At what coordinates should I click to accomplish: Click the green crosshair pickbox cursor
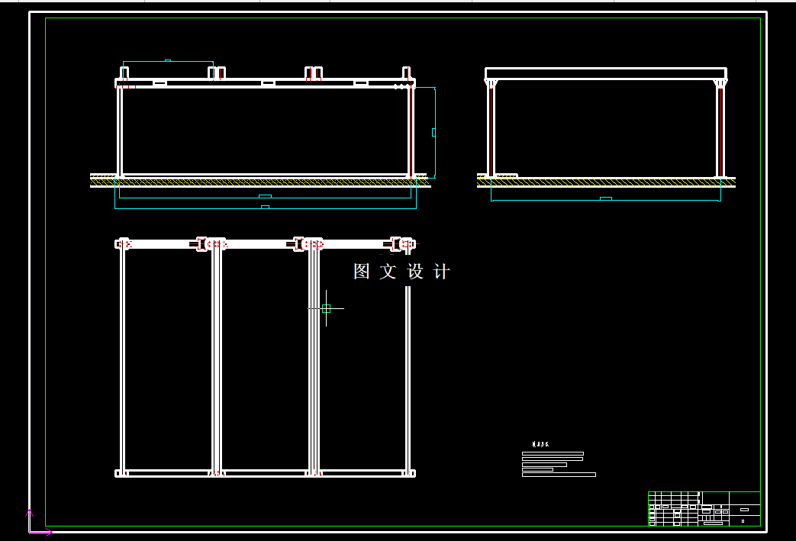pyautogui.click(x=326, y=308)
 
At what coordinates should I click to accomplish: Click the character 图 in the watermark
pyautogui.click(x=362, y=272)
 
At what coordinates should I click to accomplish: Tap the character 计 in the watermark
pyautogui.click(x=441, y=272)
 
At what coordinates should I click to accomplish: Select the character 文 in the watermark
pyautogui.click(x=388, y=272)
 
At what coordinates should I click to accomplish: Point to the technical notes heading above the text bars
pyautogui.click(x=540, y=443)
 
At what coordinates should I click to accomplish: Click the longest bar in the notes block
pyautogui.click(x=559, y=475)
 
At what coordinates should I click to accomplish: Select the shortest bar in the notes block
pyautogui.click(x=537, y=469)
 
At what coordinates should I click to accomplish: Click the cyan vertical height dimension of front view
pyautogui.click(x=434, y=132)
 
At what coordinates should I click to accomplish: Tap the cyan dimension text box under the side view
pyautogui.click(x=605, y=199)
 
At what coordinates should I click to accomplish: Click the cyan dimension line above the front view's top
pyautogui.click(x=168, y=61)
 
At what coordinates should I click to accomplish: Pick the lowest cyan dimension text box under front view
pyautogui.click(x=265, y=207)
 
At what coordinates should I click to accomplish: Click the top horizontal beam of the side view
pyautogui.click(x=606, y=73)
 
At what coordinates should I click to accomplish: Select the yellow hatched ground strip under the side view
pyautogui.click(x=606, y=182)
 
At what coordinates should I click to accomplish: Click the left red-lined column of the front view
pyautogui.click(x=120, y=131)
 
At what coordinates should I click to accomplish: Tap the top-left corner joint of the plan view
pyautogui.click(x=122, y=244)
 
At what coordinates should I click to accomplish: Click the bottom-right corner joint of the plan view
pyautogui.click(x=408, y=473)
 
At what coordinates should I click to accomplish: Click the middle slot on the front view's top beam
pyautogui.click(x=268, y=82)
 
